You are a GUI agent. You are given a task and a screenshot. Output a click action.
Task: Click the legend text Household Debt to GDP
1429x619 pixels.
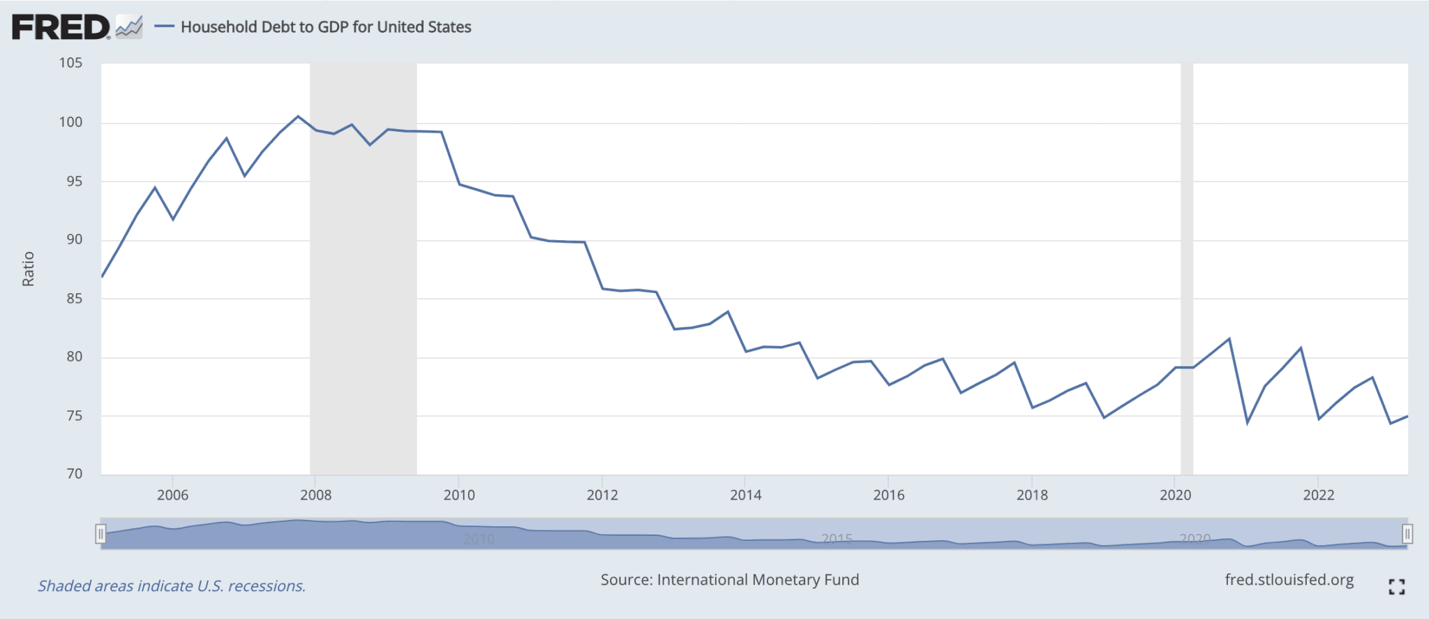[325, 27]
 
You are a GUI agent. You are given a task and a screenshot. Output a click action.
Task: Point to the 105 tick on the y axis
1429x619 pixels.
[70, 64]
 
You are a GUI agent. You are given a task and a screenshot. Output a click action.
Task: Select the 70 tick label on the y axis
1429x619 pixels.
[74, 474]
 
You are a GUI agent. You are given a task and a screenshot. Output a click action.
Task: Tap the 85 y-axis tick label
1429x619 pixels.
[74, 299]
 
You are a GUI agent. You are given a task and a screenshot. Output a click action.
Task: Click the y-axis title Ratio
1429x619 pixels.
[28, 269]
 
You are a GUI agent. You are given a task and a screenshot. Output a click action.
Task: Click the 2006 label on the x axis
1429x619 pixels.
[172, 495]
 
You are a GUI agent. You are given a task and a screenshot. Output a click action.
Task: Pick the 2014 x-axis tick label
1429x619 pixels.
[745, 495]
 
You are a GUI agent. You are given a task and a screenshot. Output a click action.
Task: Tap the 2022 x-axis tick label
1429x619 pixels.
[1318, 495]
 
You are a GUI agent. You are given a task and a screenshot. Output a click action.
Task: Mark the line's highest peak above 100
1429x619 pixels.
[298, 117]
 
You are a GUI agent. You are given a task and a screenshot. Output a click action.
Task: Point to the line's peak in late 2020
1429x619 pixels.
[1229, 339]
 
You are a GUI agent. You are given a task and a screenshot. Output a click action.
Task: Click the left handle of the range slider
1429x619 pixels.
[100, 535]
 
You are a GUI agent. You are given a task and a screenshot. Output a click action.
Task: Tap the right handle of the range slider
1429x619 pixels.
[1407, 535]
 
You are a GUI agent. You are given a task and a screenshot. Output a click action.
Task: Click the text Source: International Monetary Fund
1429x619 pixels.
[729, 580]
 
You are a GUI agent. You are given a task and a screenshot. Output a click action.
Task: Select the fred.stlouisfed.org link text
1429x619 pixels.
[1289, 581]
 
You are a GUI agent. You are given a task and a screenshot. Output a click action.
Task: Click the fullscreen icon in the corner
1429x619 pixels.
[1396, 587]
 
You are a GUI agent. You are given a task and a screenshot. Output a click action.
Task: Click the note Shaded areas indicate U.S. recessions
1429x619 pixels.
[172, 586]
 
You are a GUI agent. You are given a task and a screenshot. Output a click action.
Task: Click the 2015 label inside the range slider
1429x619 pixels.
[837, 539]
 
